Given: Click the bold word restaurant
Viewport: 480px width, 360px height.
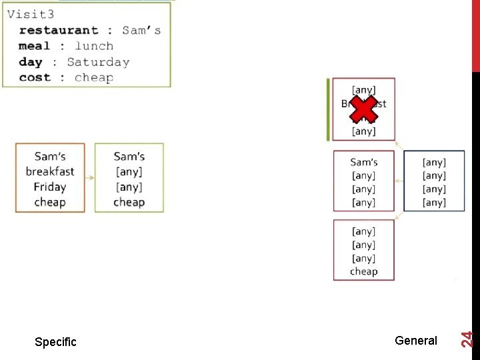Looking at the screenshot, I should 59,31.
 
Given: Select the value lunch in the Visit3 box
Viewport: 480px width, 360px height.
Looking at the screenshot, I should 94,46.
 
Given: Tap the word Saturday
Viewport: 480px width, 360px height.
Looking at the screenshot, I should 98,62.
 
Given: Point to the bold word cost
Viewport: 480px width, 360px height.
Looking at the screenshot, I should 35,77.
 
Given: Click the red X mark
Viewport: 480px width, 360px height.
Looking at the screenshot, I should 363,110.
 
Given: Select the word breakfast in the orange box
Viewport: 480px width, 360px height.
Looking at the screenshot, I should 50,172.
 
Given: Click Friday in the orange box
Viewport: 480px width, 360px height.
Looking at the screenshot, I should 50,187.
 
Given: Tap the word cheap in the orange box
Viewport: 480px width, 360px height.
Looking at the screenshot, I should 50,203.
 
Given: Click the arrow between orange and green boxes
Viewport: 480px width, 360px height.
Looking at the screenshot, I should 90,178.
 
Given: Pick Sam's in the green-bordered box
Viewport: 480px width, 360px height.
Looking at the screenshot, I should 129,157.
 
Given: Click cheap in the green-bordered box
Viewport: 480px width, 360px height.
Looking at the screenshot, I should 129,203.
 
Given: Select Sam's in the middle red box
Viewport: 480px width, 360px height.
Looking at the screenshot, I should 364,163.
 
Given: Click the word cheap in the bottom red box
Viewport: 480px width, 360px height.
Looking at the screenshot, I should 364,272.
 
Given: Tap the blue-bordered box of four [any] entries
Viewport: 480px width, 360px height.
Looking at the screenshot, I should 434,182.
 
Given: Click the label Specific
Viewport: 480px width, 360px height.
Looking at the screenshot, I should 55,342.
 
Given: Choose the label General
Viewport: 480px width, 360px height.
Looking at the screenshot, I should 416,341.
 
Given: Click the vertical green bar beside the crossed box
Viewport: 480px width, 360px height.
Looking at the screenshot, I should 328,109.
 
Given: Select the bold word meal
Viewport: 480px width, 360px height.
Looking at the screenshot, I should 35,46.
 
